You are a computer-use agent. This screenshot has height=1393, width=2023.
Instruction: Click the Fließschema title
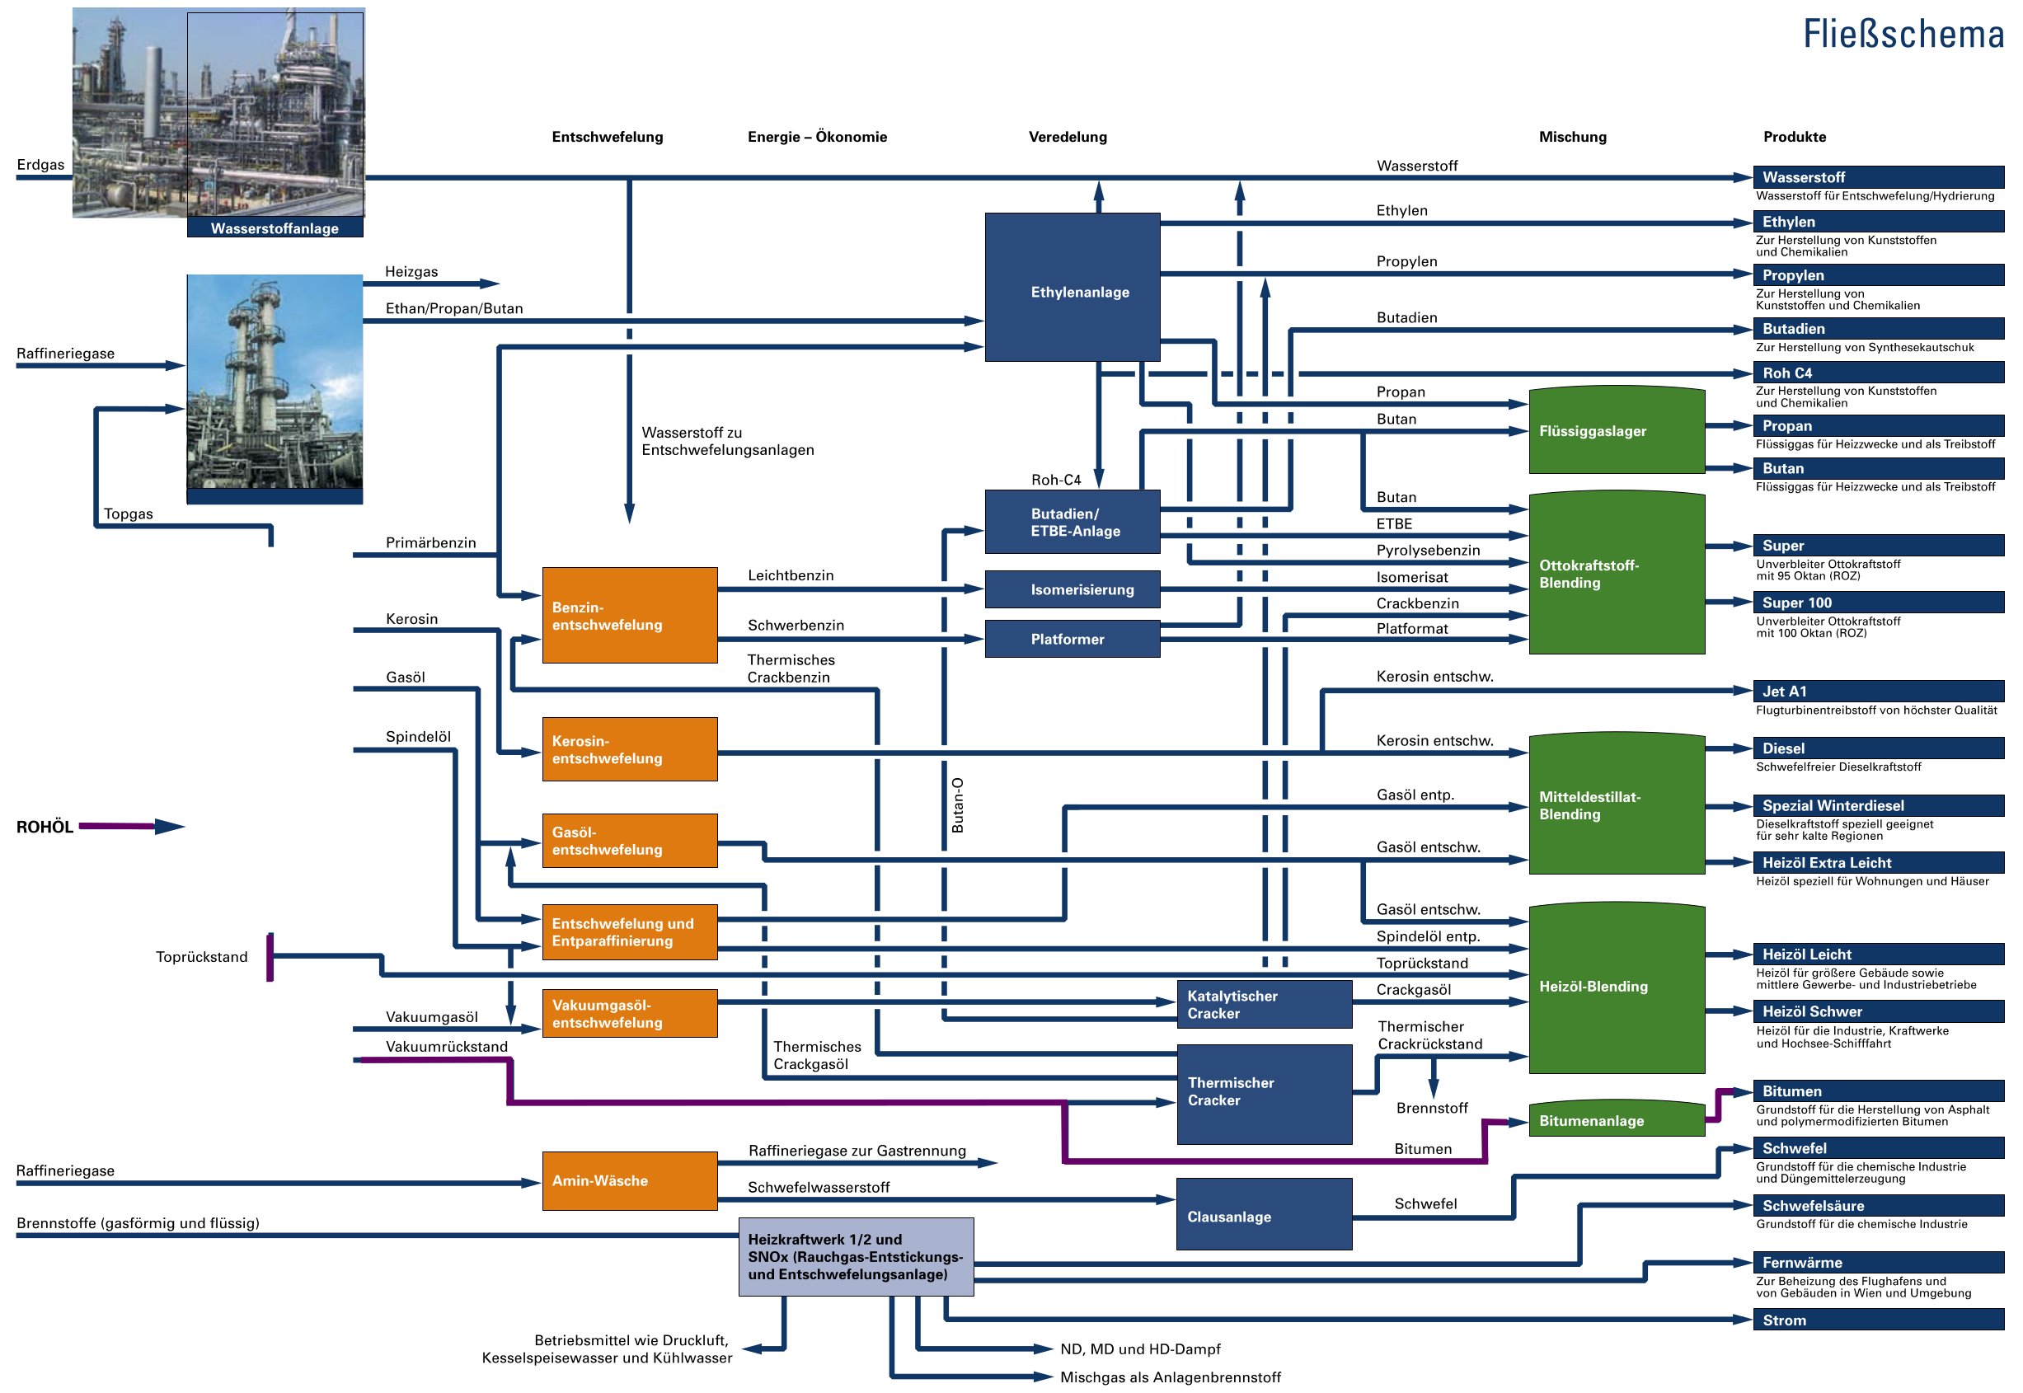(x=1903, y=35)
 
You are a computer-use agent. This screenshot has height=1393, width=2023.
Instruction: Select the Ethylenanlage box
(x=1072, y=287)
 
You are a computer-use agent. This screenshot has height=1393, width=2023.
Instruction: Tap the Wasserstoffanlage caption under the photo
(x=275, y=228)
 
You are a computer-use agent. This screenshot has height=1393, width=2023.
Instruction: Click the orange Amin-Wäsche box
(x=629, y=1180)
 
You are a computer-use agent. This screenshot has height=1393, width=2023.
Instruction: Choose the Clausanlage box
(x=1264, y=1214)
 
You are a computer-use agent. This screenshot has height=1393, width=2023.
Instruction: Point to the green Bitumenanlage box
(x=1616, y=1121)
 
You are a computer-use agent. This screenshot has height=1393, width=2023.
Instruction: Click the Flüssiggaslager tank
(x=1616, y=431)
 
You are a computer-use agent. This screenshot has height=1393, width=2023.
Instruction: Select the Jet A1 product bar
(x=1878, y=692)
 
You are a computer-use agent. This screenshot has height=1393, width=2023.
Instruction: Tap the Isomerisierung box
(x=1072, y=590)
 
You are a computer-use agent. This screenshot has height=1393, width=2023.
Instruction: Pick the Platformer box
(x=1072, y=639)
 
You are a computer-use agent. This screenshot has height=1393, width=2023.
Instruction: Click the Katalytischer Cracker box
(x=1264, y=1005)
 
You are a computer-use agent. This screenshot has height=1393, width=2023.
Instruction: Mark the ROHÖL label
(x=45, y=828)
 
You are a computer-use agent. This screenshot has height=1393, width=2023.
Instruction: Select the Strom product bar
(x=1878, y=1320)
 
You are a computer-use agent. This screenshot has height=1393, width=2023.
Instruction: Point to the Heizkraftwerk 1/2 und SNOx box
(x=855, y=1257)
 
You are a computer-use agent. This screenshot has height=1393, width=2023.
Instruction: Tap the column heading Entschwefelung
(x=608, y=137)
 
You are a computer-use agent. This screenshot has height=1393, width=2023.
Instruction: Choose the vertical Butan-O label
(x=957, y=804)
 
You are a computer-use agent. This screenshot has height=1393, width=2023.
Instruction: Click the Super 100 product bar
(x=1878, y=603)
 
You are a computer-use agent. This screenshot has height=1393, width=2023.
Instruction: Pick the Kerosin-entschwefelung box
(x=629, y=749)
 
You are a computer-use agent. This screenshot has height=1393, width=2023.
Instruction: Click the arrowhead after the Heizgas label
(x=490, y=284)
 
